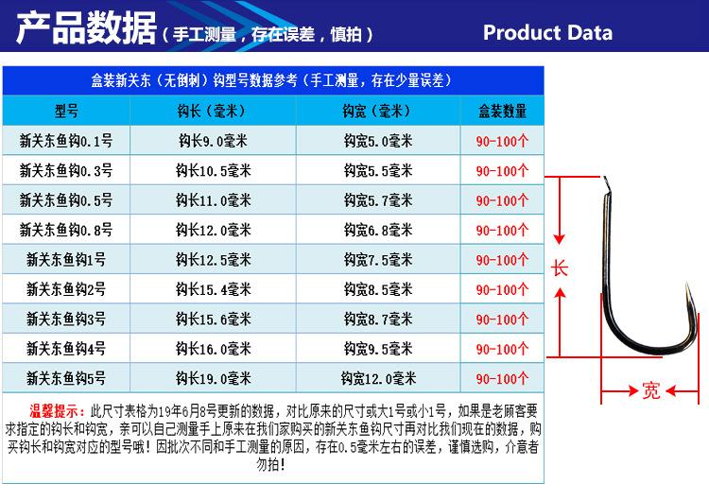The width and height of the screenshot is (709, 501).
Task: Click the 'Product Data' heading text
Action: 547,32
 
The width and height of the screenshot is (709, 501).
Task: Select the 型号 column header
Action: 66,112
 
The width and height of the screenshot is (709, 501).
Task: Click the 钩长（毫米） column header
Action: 213,112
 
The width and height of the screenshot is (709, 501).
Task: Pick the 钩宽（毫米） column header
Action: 378,112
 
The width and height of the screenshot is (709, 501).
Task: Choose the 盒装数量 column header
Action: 502,112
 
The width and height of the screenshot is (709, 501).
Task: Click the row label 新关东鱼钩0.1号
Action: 66,142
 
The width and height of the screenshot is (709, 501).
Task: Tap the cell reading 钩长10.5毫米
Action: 213,171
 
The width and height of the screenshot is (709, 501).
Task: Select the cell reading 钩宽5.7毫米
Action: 378,200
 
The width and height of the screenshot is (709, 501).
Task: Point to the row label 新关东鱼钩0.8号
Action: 66,230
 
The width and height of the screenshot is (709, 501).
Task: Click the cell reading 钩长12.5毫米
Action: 213,260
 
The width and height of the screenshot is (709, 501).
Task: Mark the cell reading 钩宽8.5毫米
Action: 378,289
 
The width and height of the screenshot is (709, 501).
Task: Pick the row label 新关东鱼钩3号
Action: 66,320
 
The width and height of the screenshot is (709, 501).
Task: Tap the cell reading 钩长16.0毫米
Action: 213,349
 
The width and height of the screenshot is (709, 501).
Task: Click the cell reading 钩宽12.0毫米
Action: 378,379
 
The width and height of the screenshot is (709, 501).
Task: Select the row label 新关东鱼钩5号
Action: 66,379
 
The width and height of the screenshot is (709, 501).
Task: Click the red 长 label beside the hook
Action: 560,268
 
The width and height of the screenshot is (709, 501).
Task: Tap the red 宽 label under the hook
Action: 649,390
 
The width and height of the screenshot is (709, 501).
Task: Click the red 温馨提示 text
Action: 58,413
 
